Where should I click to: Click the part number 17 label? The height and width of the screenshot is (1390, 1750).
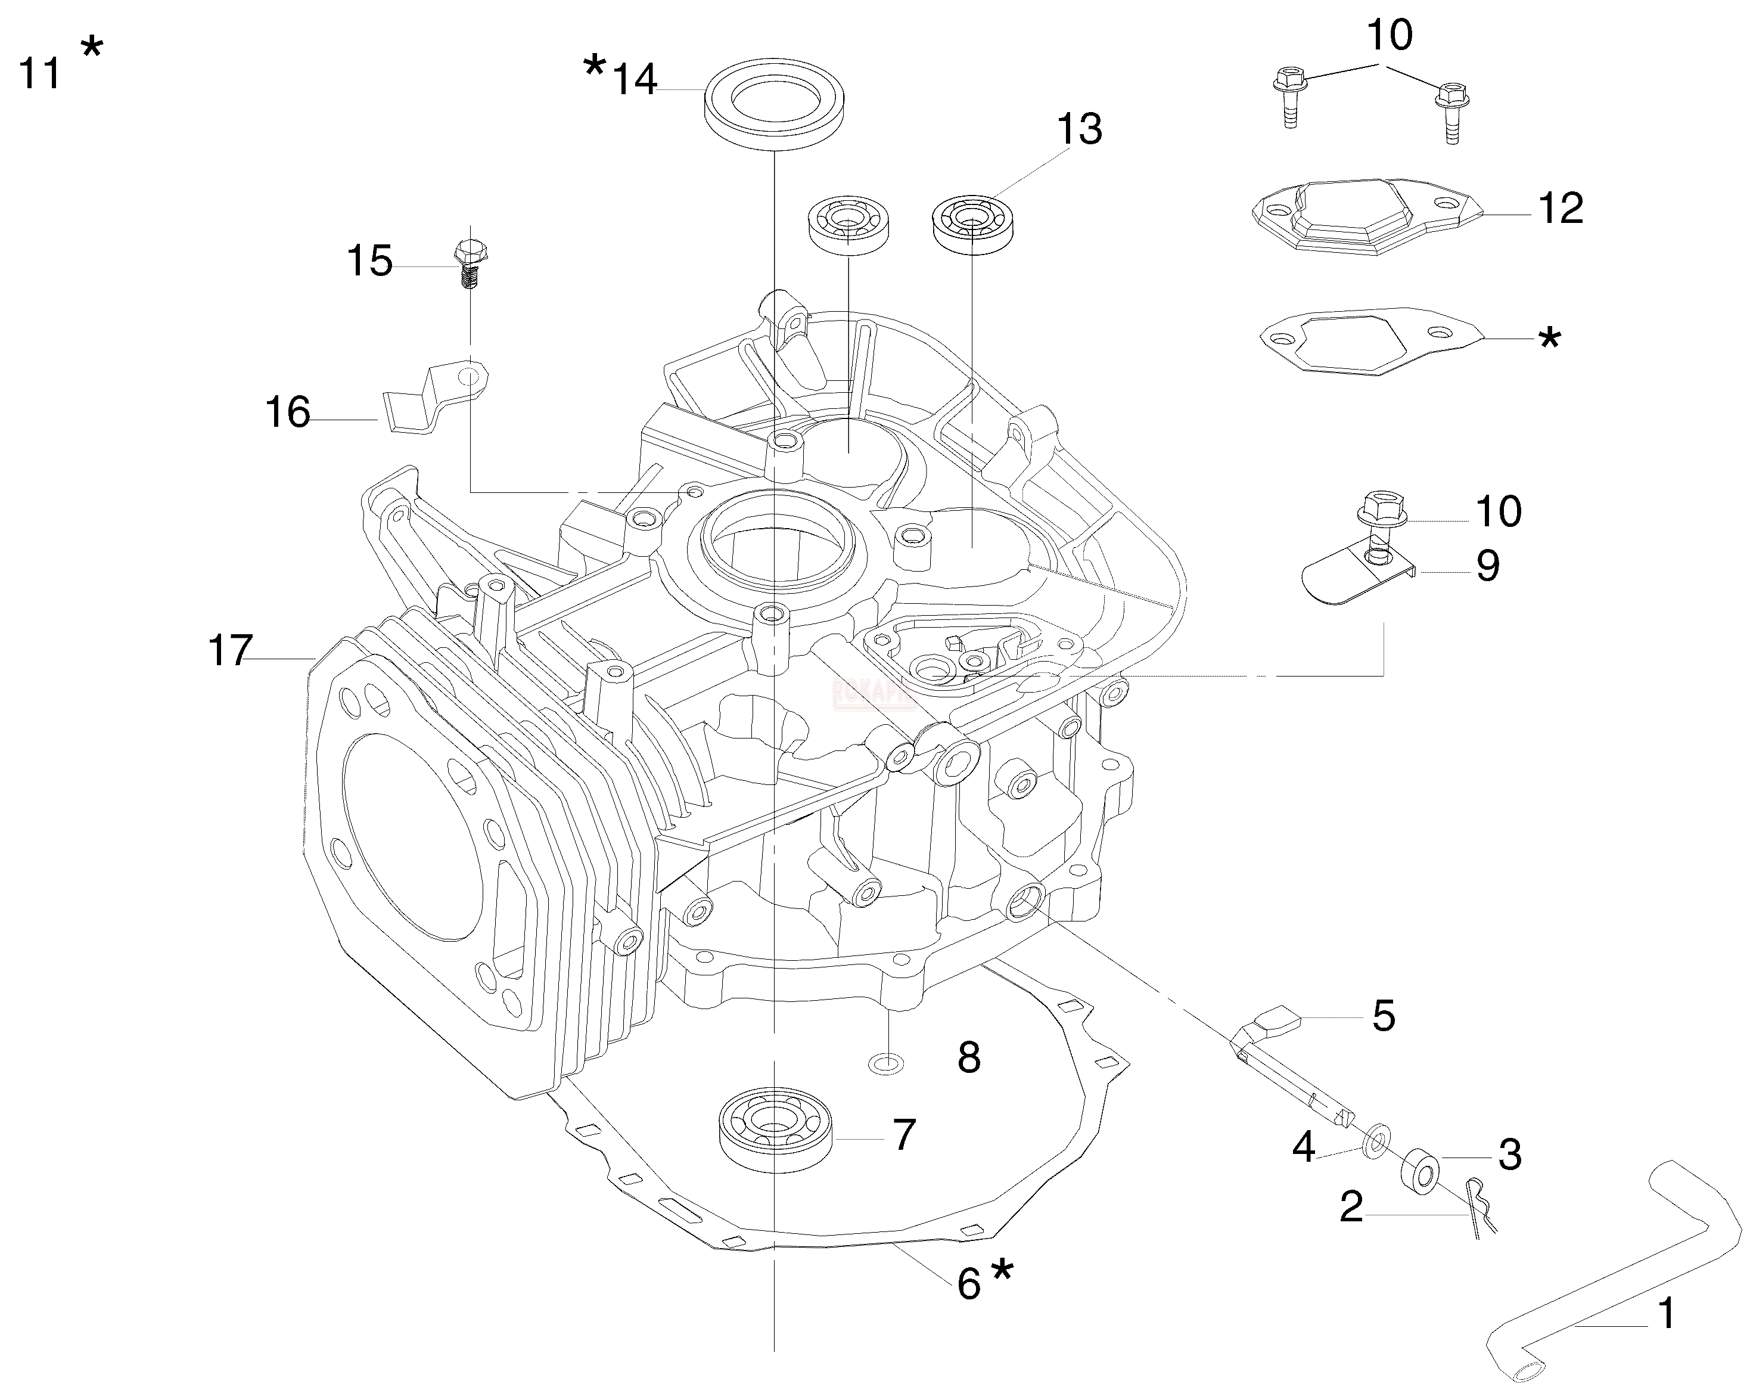tap(231, 651)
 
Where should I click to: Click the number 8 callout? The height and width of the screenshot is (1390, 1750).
tap(968, 1058)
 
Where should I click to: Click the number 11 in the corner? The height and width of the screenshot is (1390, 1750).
tap(39, 73)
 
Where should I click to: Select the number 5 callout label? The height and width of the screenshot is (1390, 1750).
tap(1383, 1016)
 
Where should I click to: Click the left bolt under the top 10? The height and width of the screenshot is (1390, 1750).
tap(1288, 97)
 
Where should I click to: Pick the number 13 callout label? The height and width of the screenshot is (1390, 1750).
tap(1078, 130)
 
